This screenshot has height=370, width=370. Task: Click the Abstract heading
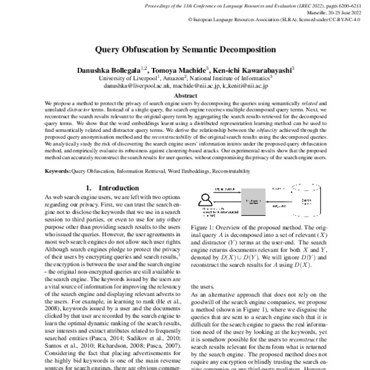185,96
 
